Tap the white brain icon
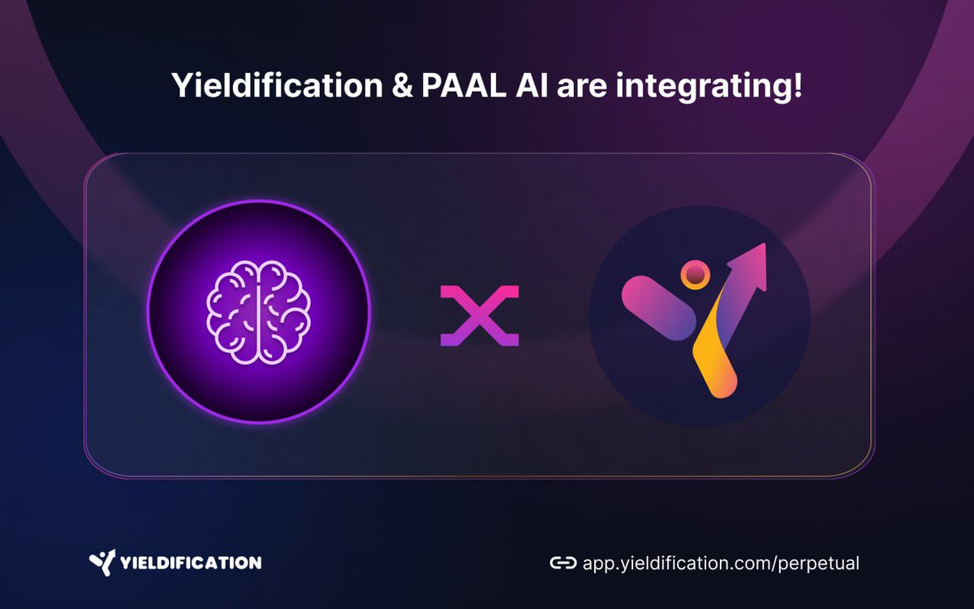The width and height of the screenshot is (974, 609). click(x=258, y=311)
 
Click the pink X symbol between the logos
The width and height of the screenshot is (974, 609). click(x=480, y=316)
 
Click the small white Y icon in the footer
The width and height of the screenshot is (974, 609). click(x=101, y=562)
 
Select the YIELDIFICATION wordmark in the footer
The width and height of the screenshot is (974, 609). click(x=190, y=563)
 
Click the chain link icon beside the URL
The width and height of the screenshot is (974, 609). click(x=562, y=563)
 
